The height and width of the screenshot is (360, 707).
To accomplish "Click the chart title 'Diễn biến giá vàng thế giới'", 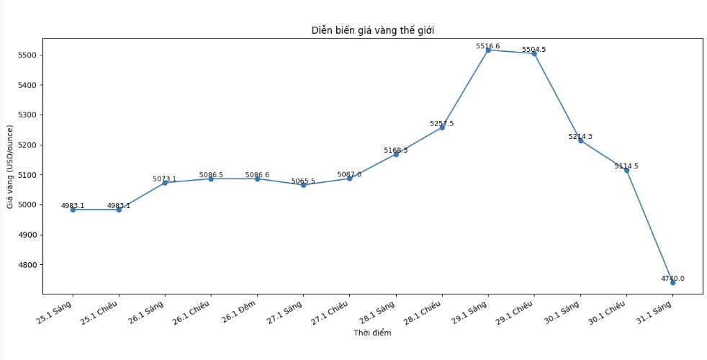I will point(372,30).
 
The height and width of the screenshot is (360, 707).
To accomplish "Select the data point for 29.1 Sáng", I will point(488,50).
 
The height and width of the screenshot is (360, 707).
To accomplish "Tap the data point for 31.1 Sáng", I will point(672,282).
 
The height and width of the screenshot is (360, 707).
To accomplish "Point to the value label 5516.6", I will point(488,46).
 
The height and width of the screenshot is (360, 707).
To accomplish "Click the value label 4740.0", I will point(672,279).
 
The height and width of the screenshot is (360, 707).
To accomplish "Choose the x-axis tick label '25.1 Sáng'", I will point(56,311).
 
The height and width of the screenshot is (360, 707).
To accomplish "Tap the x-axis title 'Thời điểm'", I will point(372,333).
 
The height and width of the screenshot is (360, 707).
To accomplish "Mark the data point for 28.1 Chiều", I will point(442,127).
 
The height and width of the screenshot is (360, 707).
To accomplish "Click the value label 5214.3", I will point(580,137).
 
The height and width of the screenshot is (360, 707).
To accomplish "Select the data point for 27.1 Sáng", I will point(303,185).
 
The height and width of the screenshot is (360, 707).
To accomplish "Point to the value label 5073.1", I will point(165,179).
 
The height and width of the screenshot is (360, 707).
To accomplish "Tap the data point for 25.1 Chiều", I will point(119,210).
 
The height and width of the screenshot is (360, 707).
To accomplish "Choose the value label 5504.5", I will point(534,50).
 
